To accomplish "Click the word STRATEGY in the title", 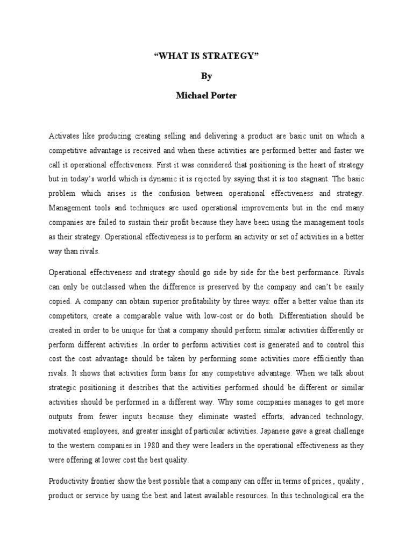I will pyautogui.click(x=227, y=55).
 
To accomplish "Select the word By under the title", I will pyautogui.click(x=206, y=76).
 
